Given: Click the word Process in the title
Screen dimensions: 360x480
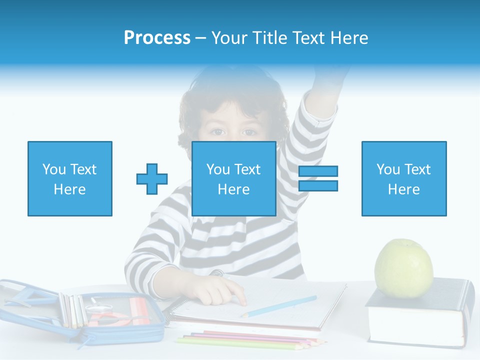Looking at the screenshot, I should coord(157,38).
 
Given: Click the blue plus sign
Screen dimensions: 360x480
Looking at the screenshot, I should coord(152,179).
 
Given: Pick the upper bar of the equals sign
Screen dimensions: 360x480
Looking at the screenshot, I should coord(318,171).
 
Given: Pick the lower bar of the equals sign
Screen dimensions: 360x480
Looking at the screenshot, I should coord(318,185).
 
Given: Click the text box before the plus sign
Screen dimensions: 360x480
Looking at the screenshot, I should coord(69,178).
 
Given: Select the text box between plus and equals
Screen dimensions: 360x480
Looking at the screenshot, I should coord(233,178).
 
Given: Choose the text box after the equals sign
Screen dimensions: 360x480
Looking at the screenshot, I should coord(403,178).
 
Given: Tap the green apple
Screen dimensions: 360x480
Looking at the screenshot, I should coord(403,268).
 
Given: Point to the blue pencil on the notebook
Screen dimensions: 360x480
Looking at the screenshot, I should coord(280,306).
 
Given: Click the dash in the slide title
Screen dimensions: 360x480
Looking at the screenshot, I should coord(200,38).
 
